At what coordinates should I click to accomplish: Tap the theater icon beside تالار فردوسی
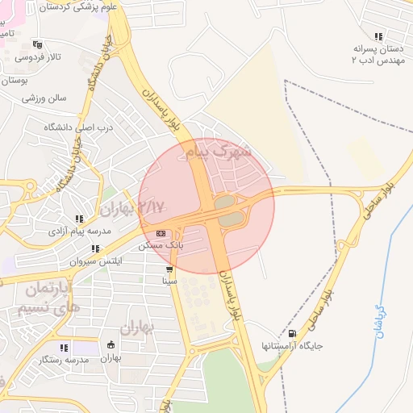(36, 44)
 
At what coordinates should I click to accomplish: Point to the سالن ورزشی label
(44, 98)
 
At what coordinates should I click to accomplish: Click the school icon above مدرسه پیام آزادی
(78, 219)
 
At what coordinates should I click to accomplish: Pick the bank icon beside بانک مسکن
(161, 233)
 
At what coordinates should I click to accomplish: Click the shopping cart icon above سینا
(169, 270)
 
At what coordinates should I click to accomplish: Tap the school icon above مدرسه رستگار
(64, 346)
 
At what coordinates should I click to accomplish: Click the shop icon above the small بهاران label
(111, 345)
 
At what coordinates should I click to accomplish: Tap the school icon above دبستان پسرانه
(378, 36)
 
